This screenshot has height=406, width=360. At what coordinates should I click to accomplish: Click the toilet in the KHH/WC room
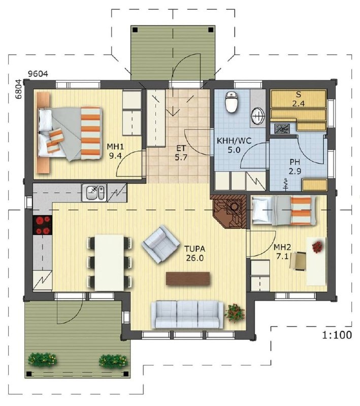[x=231, y=102]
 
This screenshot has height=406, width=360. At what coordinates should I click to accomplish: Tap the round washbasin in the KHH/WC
[x=258, y=116]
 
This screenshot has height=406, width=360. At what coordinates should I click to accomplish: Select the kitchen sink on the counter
[x=94, y=193]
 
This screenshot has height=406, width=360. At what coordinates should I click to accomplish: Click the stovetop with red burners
[x=43, y=225]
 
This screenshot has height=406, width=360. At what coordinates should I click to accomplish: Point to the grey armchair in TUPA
[x=160, y=244]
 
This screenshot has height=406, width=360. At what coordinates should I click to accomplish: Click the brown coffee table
[x=188, y=279]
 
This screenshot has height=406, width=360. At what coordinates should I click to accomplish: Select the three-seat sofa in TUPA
[x=187, y=315]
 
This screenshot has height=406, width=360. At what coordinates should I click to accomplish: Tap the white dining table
[x=109, y=262]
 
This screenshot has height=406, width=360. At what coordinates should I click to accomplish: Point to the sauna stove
[x=281, y=128]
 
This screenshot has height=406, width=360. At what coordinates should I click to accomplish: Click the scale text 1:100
[x=337, y=335]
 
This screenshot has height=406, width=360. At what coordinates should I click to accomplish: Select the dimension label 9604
[x=38, y=74]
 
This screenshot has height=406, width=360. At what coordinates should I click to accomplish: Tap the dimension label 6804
[x=19, y=89]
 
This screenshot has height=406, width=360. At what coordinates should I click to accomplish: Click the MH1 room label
[x=115, y=147]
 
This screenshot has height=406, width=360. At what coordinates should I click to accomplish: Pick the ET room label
[x=181, y=148]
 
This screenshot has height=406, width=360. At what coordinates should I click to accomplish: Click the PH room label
[x=294, y=162]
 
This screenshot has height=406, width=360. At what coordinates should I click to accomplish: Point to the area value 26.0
[x=195, y=258]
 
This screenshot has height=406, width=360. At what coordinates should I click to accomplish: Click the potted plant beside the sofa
[x=235, y=313]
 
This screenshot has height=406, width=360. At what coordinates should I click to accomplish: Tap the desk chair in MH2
[x=298, y=261]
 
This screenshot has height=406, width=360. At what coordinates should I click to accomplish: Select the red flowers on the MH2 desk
[x=317, y=247]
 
